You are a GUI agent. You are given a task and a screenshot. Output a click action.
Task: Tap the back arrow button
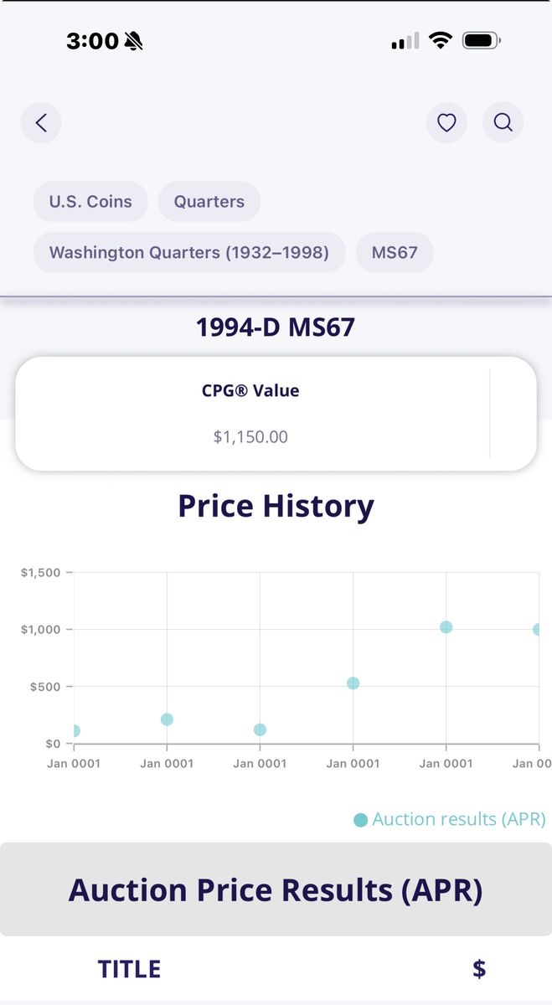(41, 123)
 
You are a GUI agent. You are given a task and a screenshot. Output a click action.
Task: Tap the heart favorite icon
(446, 123)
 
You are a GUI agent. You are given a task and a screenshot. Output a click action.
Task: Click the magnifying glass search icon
(503, 123)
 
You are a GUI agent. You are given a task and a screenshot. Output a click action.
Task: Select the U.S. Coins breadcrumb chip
(90, 202)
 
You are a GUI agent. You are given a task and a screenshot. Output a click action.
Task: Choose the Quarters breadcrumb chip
(209, 202)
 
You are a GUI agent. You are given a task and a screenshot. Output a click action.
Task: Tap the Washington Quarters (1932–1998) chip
(189, 252)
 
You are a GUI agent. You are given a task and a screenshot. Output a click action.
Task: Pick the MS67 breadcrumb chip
(395, 252)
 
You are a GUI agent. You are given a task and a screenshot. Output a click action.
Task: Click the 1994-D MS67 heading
(276, 327)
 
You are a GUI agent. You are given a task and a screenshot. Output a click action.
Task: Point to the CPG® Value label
(250, 390)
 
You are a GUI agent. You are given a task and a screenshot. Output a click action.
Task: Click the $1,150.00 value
(250, 436)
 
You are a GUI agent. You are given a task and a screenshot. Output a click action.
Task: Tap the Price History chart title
(276, 506)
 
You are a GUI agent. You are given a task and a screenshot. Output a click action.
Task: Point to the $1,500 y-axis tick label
(41, 573)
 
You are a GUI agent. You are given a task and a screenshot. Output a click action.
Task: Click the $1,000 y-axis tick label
(41, 630)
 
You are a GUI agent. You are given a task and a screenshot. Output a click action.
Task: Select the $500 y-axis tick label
(47, 687)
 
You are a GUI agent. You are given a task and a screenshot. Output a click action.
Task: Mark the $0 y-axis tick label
(53, 744)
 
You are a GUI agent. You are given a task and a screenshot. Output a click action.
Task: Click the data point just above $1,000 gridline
(446, 627)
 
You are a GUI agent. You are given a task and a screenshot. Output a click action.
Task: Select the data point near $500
(353, 683)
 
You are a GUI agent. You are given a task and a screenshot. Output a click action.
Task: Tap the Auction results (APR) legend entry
(451, 819)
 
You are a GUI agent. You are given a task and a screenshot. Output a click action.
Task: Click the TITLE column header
(129, 969)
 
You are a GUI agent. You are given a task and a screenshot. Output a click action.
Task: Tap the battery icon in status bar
(481, 40)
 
